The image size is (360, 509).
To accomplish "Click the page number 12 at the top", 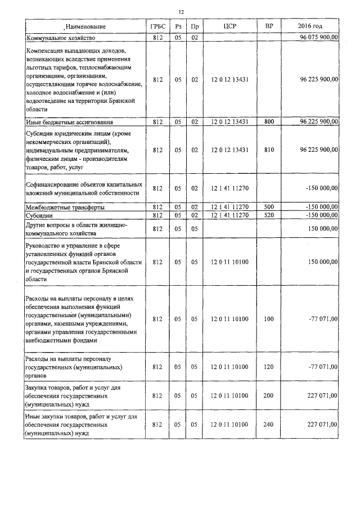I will [181, 12].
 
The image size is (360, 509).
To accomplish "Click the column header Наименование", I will [85, 26].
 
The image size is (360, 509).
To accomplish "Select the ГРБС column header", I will [157, 26].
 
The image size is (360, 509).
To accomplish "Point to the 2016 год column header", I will [310, 26].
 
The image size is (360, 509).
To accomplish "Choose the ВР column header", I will [269, 26].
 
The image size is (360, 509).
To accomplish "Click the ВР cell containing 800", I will [269, 121].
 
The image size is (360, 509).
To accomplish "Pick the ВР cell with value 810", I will [269, 150].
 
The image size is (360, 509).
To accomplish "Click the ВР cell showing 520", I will [269, 215].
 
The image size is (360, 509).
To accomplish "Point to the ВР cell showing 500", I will [269, 208].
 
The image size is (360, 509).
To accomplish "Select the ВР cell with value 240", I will [269, 425].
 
